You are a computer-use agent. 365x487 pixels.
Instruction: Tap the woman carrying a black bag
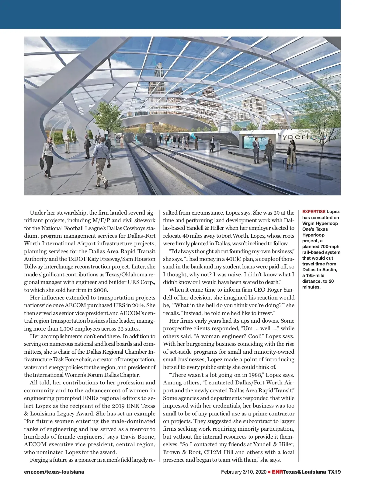[x=48, y=157]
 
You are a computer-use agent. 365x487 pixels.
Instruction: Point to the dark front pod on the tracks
[x=150, y=139]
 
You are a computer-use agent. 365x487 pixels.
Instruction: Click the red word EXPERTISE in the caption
[x=314, y=212]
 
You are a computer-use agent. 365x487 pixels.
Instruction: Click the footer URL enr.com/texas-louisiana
[x=54, y=472]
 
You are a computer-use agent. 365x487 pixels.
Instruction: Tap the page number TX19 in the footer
[x=334, y=472]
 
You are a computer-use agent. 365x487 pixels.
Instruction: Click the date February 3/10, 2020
[x=243, y=472]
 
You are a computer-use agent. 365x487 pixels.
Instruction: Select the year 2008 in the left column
[x=100, y=290]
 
